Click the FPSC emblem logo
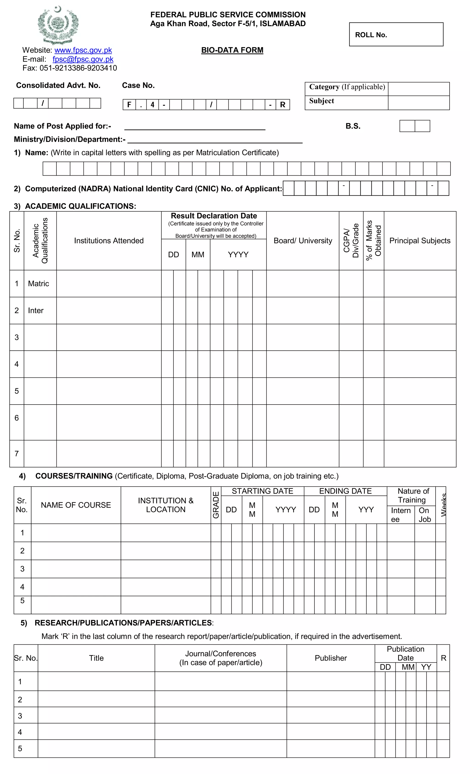click(58, 25)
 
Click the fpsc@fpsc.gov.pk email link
click(83, 59)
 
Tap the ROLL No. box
click(396, 35)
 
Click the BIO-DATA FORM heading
click(232, 50)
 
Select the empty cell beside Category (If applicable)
click(418, 89)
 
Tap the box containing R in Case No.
click(283, 105)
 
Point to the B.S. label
click(353, 126)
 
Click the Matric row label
click(39, 283)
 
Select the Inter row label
click(36, 310)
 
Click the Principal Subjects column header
click(420, 241)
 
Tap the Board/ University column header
click(302, 241)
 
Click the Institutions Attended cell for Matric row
click(109, 283)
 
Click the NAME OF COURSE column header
click(76, 505)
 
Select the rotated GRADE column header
click(216, 505)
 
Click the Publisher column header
click(330, 658)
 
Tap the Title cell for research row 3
click(96, 715)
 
